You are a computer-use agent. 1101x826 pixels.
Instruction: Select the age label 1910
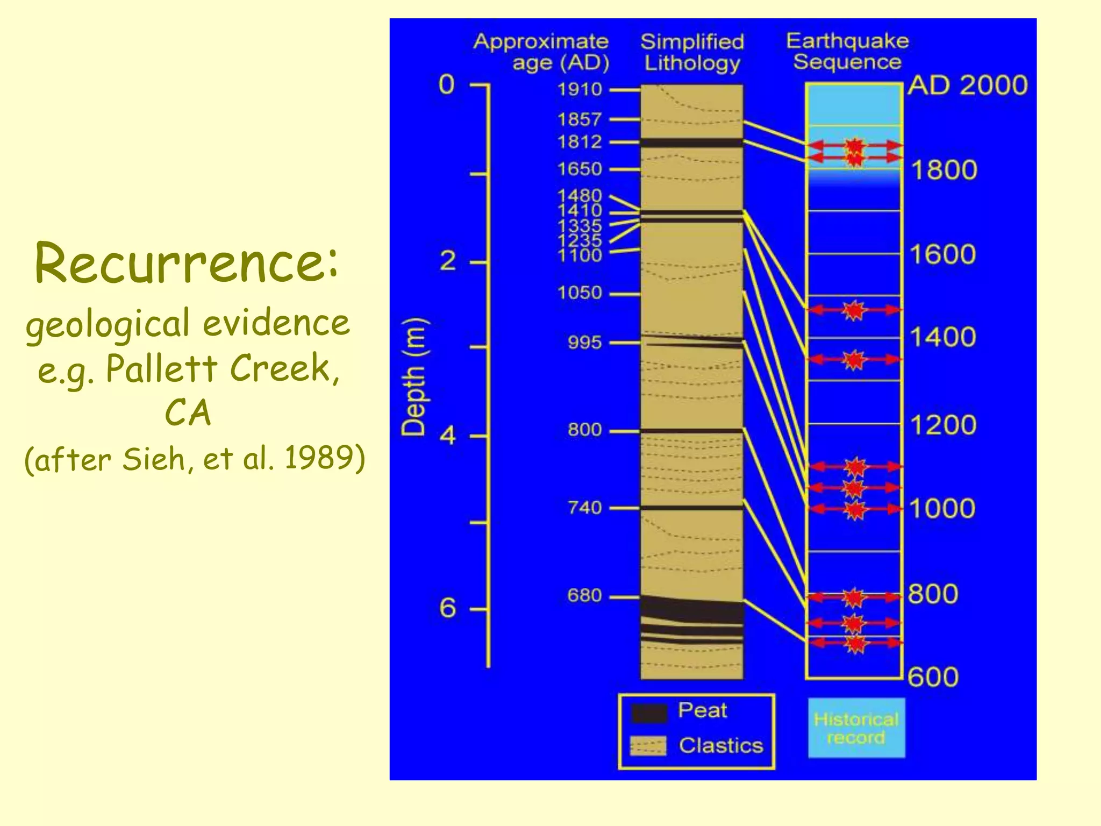pos(579,89)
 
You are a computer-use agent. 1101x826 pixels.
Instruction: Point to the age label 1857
pos(579,119)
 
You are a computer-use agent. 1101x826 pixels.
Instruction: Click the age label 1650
pos(579,169)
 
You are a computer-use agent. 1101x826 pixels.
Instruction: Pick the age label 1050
pos(579,293)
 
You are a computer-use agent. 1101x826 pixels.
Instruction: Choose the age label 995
pos(584,343)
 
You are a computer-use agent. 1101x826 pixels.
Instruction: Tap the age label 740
pos(584,508)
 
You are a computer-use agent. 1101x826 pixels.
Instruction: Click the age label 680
pos(584,596)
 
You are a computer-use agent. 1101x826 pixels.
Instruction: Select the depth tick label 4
pos(448,435)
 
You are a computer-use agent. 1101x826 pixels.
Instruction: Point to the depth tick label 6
pos(448,608)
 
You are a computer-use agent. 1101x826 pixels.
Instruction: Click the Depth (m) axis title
pos(414,377)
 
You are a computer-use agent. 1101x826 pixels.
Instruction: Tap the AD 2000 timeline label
pos(968,86)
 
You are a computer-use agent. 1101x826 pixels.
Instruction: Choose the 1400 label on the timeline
pos(942,338)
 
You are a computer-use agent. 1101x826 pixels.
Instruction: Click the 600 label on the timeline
pos(933,677)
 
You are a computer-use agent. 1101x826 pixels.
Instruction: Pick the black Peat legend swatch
pos(648,713)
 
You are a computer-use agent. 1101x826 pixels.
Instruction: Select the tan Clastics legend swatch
pos(648,746)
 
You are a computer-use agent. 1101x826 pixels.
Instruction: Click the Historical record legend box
pos(856,728)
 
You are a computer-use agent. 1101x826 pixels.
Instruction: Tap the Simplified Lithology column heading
pos(692,52)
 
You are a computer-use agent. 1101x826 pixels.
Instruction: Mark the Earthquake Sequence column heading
pos(847,51)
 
